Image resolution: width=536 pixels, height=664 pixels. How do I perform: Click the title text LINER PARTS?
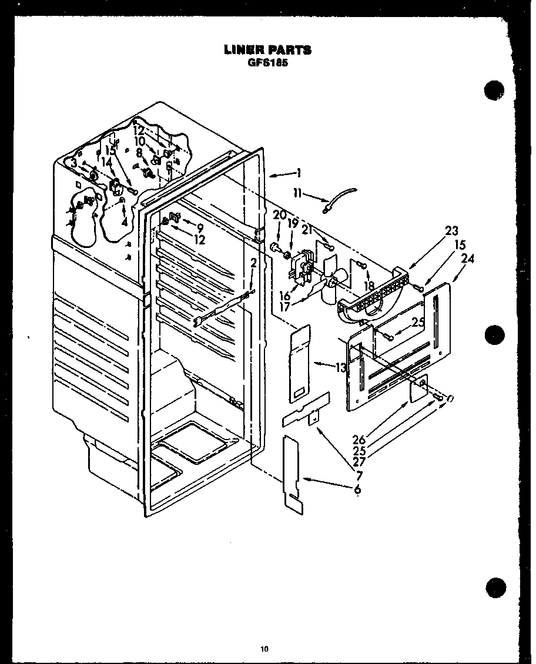click(267, 50)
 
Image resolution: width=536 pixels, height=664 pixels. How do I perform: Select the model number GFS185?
click(267, 62)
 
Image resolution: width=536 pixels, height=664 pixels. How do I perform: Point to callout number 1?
click(299, 173)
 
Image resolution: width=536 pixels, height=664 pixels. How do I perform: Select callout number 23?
click(451, 231)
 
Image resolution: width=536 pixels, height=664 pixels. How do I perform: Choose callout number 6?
click(357, 489)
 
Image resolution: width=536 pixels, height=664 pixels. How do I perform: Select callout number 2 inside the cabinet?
click(253, 263)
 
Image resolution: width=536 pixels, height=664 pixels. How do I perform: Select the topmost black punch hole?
click(495, 91)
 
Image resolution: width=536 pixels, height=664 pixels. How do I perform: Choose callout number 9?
click(200, 227)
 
